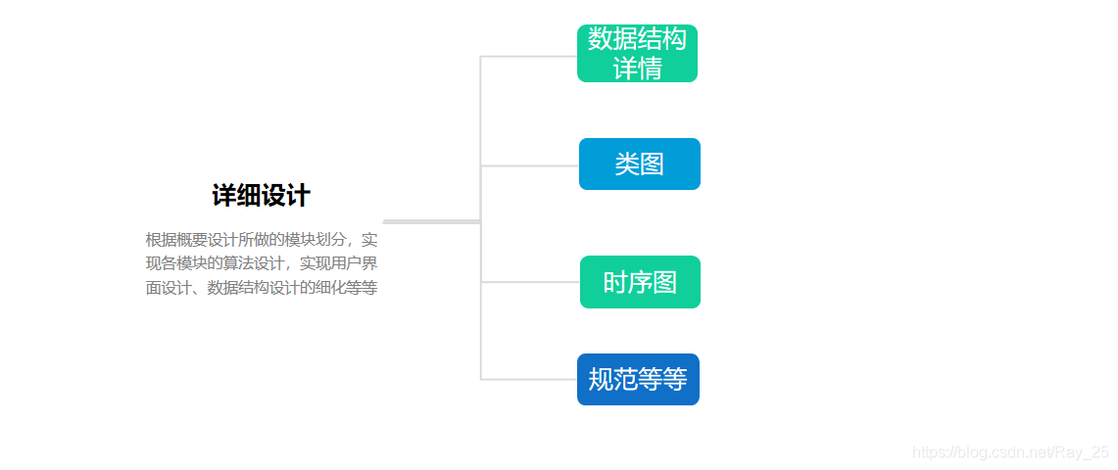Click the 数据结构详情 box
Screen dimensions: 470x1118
(x=637, y=53)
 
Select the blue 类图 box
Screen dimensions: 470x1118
(x=639, y=164)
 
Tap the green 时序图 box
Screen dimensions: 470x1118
(x=640, y=282)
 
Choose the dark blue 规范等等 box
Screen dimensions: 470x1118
(x=638, y=379)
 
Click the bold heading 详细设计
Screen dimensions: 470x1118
(x=261, y=196)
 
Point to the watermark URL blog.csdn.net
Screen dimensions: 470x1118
(x=990, y=451)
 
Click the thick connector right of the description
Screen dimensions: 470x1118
(x=431, y=221)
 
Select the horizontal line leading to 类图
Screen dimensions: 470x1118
(x=529, y=165)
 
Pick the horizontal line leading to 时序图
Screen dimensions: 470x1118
(x=530, y=282)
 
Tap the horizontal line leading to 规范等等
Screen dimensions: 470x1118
(x=528, y=379)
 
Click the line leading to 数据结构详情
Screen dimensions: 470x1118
(x=528, y=57)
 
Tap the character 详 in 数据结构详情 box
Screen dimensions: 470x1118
(x=625, y=69)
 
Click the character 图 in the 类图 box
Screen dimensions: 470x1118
(x=652, y=164)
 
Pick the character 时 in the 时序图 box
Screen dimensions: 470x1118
(x=615, y=283)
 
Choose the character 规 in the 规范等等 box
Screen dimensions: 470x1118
(x=600, y=380)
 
